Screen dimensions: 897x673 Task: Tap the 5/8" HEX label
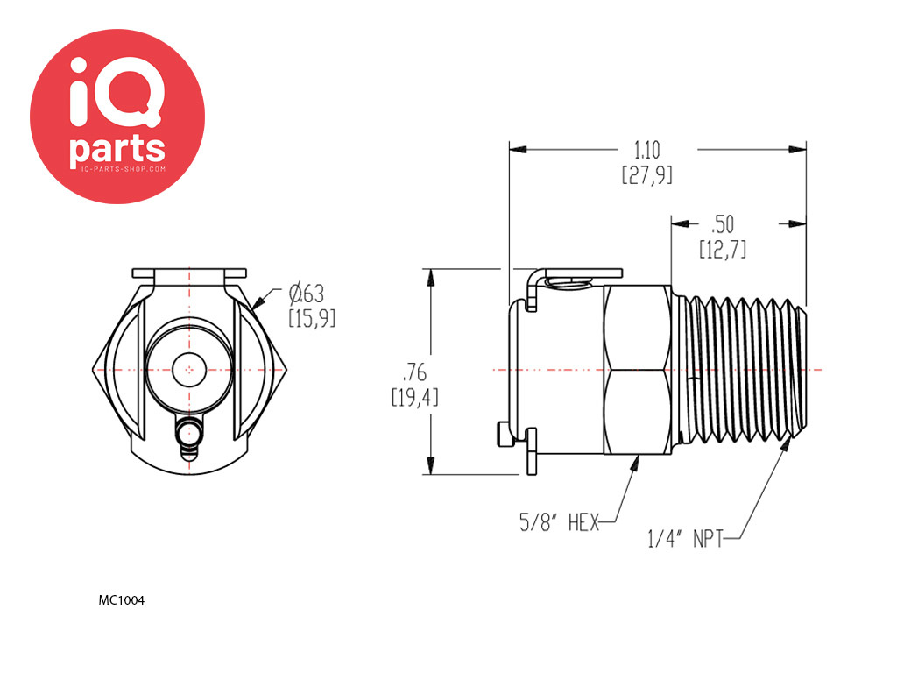pos(559,522)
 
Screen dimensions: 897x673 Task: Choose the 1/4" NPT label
pos(685,539)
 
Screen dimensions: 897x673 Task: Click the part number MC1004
pos(121,600)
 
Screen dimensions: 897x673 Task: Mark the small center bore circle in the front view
pos(189,370)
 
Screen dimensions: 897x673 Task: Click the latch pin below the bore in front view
pos(189,438)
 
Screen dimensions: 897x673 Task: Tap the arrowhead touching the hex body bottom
pos(635,464)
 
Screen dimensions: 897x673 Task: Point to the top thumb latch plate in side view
pos(583,273)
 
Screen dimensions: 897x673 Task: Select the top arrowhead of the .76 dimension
pos(431,278)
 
